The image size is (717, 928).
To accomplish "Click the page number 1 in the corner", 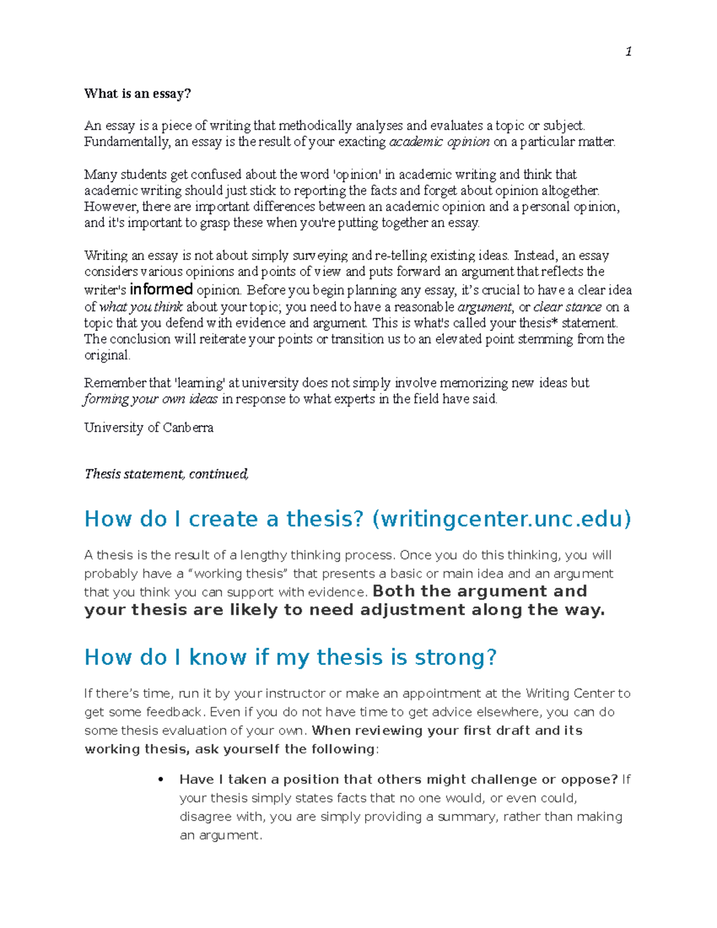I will [628, 52].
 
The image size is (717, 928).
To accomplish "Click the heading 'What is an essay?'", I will [137, 93].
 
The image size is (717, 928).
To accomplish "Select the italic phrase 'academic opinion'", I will [439, 142].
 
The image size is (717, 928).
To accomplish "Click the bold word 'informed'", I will [161, 290].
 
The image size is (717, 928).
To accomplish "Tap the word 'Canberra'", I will [188, 428].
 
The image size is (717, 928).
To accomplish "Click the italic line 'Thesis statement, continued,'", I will [166, 474].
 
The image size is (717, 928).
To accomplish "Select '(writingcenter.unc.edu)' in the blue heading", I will [501, 519].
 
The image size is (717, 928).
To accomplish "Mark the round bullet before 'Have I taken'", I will [160, 780].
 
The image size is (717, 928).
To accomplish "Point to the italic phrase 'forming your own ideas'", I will [151, 399].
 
